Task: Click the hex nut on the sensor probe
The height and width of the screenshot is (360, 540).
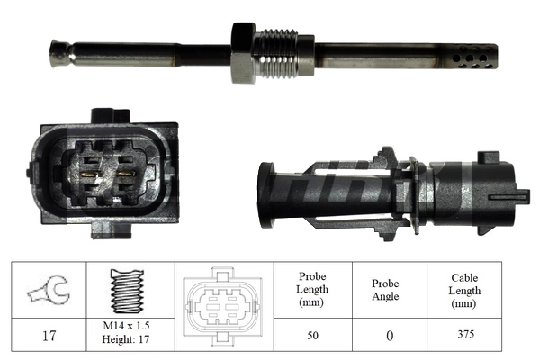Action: click(245, 52)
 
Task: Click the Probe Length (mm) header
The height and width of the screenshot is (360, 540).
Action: click(311, 289)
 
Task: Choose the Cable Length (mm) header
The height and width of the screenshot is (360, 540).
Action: click(466, 289)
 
